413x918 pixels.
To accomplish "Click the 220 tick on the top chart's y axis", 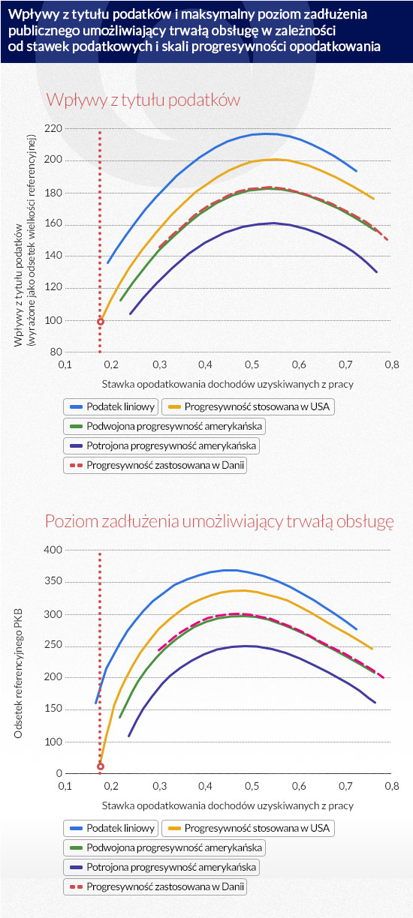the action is pos(53,129).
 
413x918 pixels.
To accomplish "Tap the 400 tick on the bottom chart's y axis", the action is pos(53,550).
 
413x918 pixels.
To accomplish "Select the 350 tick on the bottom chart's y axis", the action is pos(53,581).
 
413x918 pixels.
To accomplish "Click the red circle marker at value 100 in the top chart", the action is pos(100,322).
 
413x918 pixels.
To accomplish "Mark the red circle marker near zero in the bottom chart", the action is pos(100,766).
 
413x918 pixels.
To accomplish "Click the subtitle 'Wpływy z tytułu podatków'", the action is pos(143,100).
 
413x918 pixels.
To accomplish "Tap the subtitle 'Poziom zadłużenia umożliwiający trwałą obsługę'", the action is pos(219,522).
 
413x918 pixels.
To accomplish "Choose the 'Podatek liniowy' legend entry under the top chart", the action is pos(110,407).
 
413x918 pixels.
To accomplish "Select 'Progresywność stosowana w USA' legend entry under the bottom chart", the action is pos(248,828).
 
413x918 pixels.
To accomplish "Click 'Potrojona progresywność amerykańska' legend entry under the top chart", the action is pos(161,446).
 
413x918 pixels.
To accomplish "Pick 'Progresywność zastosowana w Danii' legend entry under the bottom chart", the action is pos(155,886).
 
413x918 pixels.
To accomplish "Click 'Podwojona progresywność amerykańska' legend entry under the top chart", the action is pos(164,426).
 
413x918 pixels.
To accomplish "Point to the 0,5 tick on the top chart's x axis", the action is pos(252,364).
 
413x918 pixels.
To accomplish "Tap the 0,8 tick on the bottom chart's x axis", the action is pos(392,787).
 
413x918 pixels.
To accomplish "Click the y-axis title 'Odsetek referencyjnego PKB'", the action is pos(18,673).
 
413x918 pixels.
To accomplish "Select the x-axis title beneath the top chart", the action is pos(228,385).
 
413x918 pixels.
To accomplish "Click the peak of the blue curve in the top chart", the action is pos(266,133).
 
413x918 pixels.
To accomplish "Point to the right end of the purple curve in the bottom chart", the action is pos(375,703).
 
